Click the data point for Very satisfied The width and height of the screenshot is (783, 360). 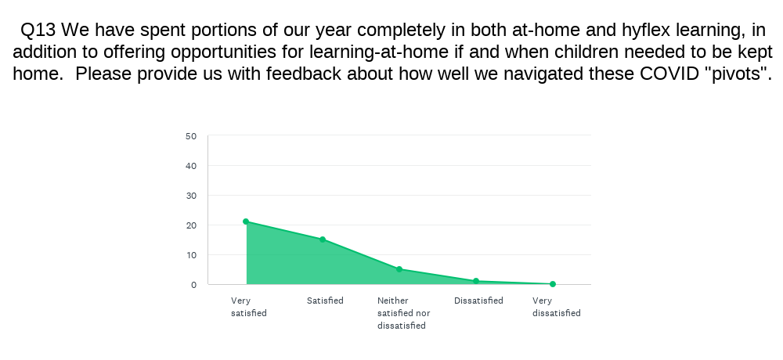click(246, 221)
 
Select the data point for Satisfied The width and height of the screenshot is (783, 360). click(323, 239)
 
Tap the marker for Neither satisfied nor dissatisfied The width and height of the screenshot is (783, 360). click(399, 269)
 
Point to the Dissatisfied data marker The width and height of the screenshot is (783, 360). click(476, 281)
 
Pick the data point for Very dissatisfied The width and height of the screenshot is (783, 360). click(552, 284)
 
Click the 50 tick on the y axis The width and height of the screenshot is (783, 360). click(191, 136)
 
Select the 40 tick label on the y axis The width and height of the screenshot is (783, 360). click(191, 166)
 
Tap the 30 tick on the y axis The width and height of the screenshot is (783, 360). click(191, 196)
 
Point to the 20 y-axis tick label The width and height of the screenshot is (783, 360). click(191, 225)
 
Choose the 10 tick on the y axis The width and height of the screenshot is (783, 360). click(191, 255)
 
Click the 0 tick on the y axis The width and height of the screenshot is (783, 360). click(193, 285)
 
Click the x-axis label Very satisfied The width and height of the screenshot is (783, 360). click(249, 307)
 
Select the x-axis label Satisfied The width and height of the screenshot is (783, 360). click(325, 301)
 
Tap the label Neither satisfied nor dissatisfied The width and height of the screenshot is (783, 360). click(403, 313)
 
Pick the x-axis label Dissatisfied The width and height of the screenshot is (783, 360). click(478, 301)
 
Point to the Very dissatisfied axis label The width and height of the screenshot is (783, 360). click(556, 307)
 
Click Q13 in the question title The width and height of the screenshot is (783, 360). click(38, 31)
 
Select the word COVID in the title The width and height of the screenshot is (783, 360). click(669, 74)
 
